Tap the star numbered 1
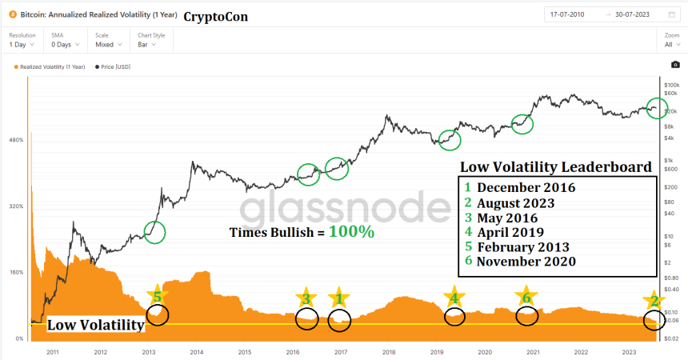(338, 298)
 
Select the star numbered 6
(525, 297)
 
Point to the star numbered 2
(654, 301)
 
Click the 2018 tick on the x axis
(388, 352)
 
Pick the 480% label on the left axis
(15, 140)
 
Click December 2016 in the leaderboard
(525, 188)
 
